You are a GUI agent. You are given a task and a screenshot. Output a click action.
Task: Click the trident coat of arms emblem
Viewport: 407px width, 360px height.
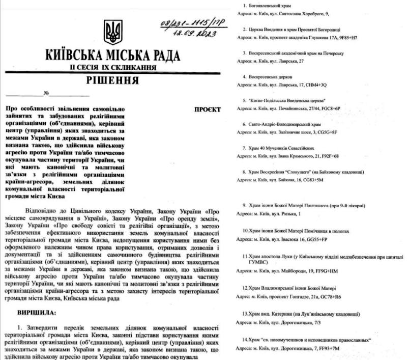tap(112, 32)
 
